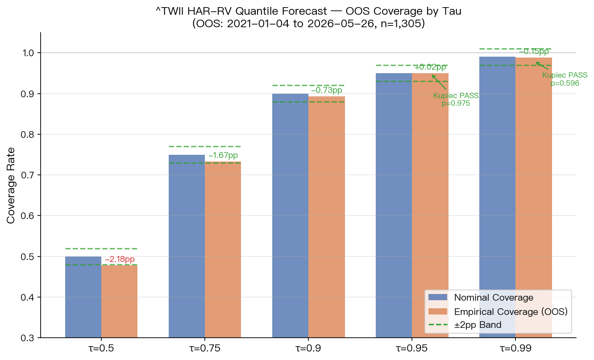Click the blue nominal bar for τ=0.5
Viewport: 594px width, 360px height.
[83, 297]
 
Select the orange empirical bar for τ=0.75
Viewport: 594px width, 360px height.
[223, 249]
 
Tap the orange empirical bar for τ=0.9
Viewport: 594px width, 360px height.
[327, 217]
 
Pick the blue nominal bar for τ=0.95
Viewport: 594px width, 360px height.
[394, 206]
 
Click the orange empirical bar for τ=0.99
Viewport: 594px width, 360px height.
[534, 198]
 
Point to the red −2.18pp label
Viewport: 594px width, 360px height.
[120, 259]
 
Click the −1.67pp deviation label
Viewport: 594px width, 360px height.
[223, 155]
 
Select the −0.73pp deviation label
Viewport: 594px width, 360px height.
[327, 90]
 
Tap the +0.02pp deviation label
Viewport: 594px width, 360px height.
[430, 67]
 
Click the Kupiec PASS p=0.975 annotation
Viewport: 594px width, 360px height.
[456, 99]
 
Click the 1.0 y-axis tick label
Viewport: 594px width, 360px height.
[29, 53]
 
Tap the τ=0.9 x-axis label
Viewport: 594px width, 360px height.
[308, 348]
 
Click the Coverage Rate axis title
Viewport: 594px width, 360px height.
[11, 186]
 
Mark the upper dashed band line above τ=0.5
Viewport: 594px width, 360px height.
[101, 248]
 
